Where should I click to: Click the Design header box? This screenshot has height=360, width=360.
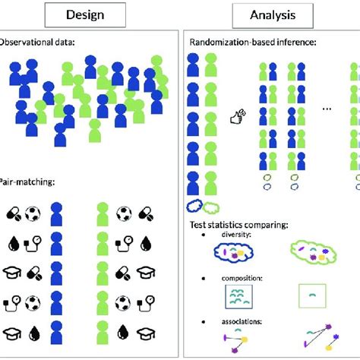click(86, 14)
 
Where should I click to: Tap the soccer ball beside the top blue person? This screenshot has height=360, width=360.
click(33, 213)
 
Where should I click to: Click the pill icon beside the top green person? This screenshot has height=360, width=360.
click(147, 213)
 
